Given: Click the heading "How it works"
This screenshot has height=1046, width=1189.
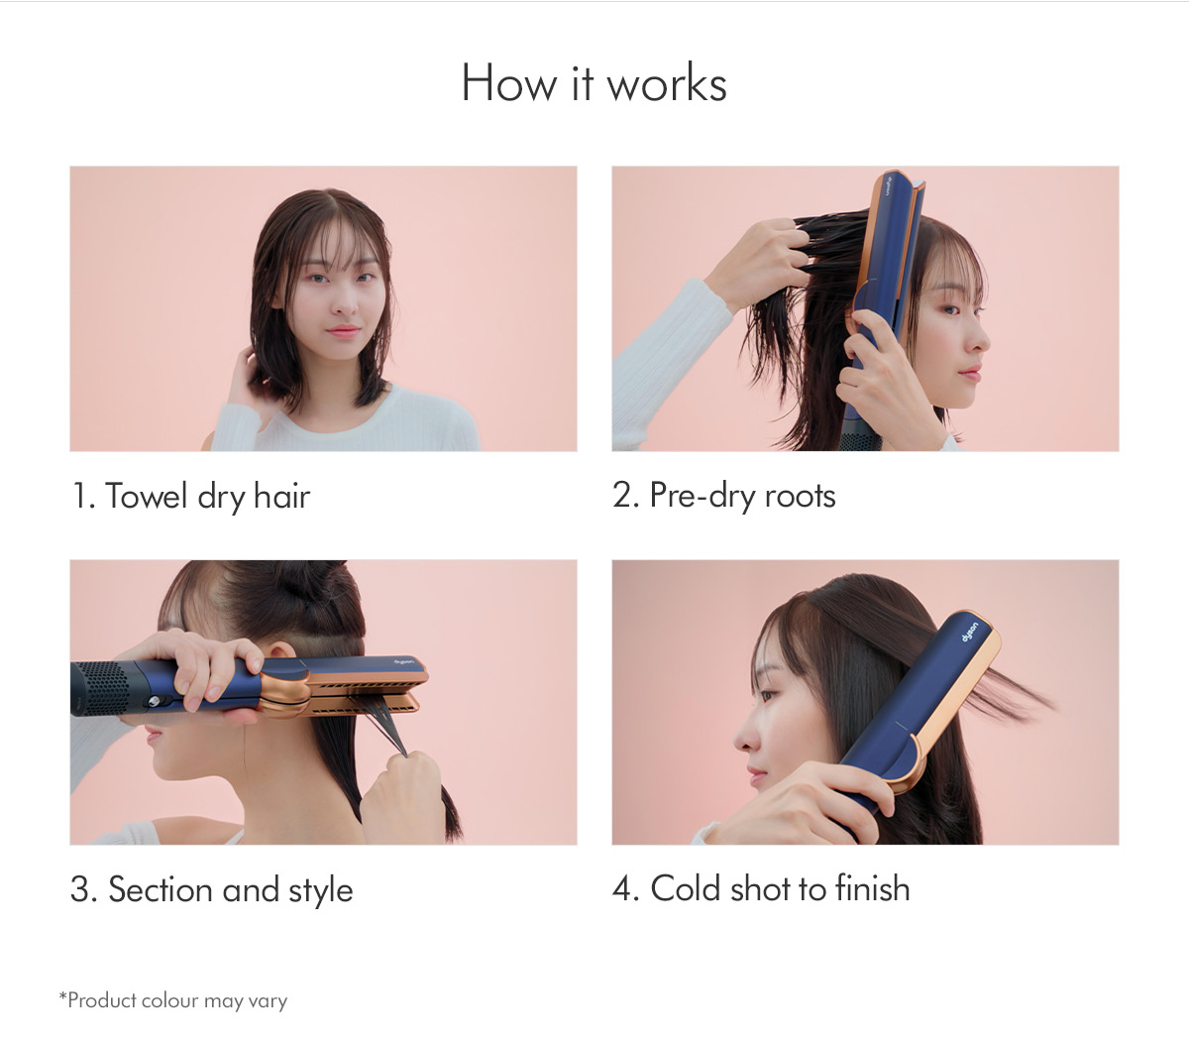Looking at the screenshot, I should point(594,83).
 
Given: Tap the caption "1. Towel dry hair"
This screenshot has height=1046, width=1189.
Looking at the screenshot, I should point(191,496).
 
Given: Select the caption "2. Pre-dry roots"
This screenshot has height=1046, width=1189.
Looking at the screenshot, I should point(723,496).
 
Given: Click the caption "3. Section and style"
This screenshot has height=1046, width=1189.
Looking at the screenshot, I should point(211,889).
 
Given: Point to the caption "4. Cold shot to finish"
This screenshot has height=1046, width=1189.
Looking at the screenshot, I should point(760,888).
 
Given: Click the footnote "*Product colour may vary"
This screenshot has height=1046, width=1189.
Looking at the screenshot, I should point(173,1000).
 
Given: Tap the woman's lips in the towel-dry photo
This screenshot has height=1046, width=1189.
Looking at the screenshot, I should point(343,330).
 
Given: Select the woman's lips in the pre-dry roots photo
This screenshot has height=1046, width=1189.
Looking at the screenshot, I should point(970,374).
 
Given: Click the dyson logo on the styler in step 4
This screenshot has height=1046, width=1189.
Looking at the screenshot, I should point(971,631).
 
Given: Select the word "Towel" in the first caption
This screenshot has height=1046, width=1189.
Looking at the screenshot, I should point(148,496).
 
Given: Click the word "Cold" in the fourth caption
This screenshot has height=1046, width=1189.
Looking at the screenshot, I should point(685,888).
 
